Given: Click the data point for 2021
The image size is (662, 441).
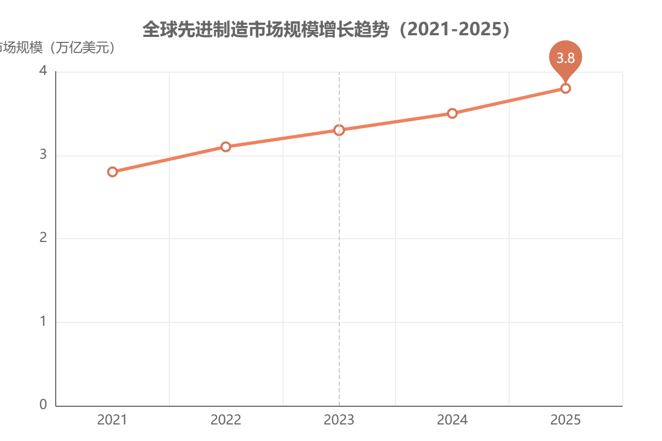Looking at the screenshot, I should point(113,171).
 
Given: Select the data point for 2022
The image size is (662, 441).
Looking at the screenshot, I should point(226,147).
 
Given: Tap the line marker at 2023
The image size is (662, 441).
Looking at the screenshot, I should point(339,130).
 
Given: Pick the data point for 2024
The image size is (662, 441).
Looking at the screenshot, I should point(452,113).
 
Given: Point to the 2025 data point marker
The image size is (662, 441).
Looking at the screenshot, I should point(565,88).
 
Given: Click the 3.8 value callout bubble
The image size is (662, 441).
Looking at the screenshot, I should point(565,57).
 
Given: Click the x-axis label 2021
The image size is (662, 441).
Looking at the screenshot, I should point(113,420).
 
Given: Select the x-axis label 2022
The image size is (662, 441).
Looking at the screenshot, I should point(226,420).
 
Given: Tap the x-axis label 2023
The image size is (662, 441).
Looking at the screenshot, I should point(339,420).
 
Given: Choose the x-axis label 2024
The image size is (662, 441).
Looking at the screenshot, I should point(452,420).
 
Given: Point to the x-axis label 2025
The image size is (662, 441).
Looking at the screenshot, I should point(565,420).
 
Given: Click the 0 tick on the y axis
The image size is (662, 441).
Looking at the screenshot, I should point(43,405).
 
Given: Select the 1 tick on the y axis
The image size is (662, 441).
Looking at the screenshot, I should point(43,322).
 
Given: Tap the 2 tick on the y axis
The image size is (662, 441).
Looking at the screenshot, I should point(43,239).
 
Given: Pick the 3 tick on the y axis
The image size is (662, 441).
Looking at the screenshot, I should point(43,155).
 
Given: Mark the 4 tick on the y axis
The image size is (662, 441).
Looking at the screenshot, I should point(43,72).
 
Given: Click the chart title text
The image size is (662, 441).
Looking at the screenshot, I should point(325,29).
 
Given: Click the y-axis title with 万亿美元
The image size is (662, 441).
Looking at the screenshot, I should point(58,48).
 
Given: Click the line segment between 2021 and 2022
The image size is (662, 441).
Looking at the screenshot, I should point(169,159).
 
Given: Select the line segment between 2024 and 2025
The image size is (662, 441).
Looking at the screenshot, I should point(509,101).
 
